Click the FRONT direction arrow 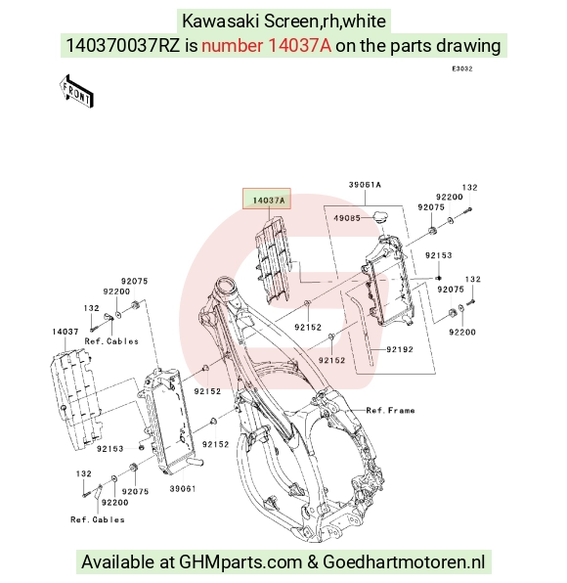point(76,92)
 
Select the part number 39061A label point(365,185)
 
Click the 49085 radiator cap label point(347,218)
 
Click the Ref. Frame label point(390,411)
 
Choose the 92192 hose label point(400,349)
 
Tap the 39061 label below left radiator point(183,488)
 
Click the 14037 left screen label point(65,332)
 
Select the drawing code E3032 point(462,68)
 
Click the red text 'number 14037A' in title point(266,46)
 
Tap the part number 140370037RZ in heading point(122,46)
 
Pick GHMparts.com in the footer point(240,561)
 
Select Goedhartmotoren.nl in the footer point(404,561)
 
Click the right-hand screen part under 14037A point(273,260)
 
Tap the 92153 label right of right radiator point(439,255)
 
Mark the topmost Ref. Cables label point(111,341)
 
